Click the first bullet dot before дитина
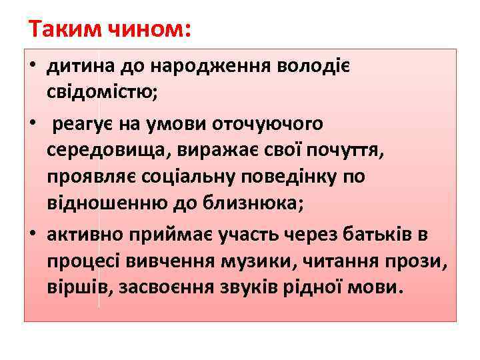(x=31, y=67)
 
